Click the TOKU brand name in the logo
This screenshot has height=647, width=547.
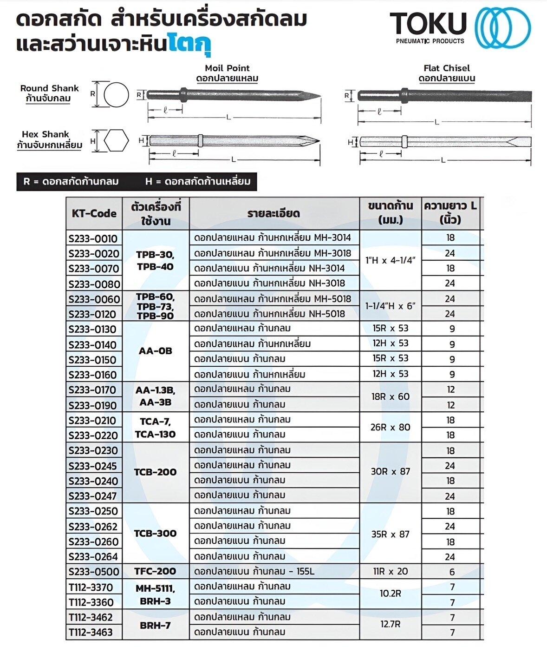[428, 23]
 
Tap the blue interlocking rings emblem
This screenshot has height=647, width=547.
[502, 27]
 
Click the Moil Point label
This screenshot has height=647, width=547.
[227, 68]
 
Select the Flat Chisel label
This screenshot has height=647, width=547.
[446, 68]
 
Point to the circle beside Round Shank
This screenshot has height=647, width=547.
[116, 95]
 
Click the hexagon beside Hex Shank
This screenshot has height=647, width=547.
[116, 141]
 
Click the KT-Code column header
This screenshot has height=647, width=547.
[94, 213]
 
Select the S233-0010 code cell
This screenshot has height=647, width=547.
[93, 238]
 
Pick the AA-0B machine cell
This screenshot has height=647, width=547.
[155, 351]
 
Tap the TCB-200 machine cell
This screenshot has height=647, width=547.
[155, 472]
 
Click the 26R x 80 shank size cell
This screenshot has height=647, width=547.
[390, 427]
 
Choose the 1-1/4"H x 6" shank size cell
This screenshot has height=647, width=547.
[390, 306]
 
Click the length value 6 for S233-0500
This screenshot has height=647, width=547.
[451, 572]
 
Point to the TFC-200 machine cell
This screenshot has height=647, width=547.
[155, 571]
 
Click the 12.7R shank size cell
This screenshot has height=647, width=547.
[390, 624]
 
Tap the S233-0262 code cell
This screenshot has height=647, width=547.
[93, 527]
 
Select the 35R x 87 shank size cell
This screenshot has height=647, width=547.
[390, 534]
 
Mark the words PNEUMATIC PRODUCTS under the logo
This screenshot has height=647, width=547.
[430, 41]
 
